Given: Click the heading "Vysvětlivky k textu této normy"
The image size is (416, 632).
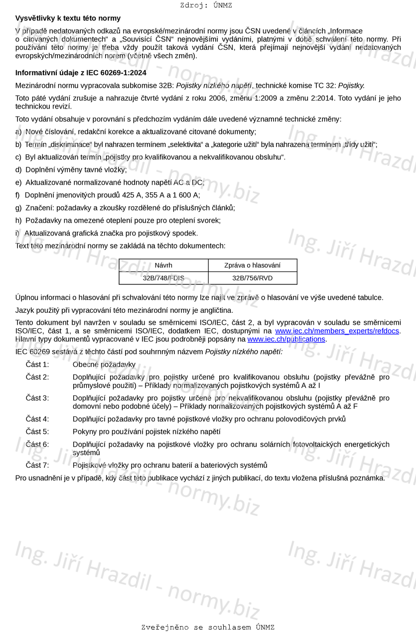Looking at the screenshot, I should (68, 18).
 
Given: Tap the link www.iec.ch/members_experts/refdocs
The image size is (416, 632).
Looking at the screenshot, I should (337, 331).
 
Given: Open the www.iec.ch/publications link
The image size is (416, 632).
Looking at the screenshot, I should (286, 339).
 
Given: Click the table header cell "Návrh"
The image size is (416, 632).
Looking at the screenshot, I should (163, 265).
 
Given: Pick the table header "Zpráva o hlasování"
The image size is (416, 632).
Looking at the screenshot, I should (252, 265).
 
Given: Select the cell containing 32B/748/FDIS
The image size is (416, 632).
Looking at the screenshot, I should (163, 278).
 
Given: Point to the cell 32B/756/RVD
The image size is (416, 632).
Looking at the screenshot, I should (252, 278).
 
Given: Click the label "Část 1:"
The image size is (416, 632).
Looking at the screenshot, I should (37, 365).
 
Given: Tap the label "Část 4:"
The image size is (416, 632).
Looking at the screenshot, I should (37, 419).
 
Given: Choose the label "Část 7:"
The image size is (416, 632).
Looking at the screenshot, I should (37, 465).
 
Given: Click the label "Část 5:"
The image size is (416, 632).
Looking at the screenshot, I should (37, 431).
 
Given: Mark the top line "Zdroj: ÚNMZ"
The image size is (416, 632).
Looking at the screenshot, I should (206, 5).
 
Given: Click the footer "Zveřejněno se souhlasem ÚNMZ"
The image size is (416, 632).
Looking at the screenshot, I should (208, 627).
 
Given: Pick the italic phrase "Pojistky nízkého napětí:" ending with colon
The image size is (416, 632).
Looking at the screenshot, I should (244, 352).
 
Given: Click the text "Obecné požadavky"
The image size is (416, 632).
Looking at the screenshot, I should (104, 365).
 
